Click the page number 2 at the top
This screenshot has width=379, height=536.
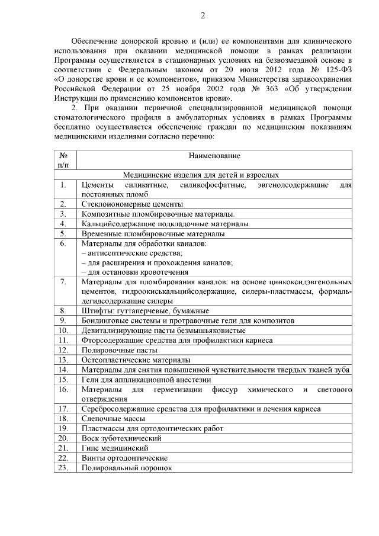pos(202,16)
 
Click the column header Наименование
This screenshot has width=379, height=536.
pos(215,155)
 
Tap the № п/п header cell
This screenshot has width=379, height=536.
pos(63,160)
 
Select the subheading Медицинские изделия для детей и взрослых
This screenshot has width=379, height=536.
pos(201,175)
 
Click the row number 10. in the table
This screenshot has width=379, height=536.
pos(63,330)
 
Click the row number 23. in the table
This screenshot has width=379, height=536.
pos(63,468)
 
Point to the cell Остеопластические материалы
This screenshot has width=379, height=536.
pos(136,360)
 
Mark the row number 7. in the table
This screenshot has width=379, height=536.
pos(63,281)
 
